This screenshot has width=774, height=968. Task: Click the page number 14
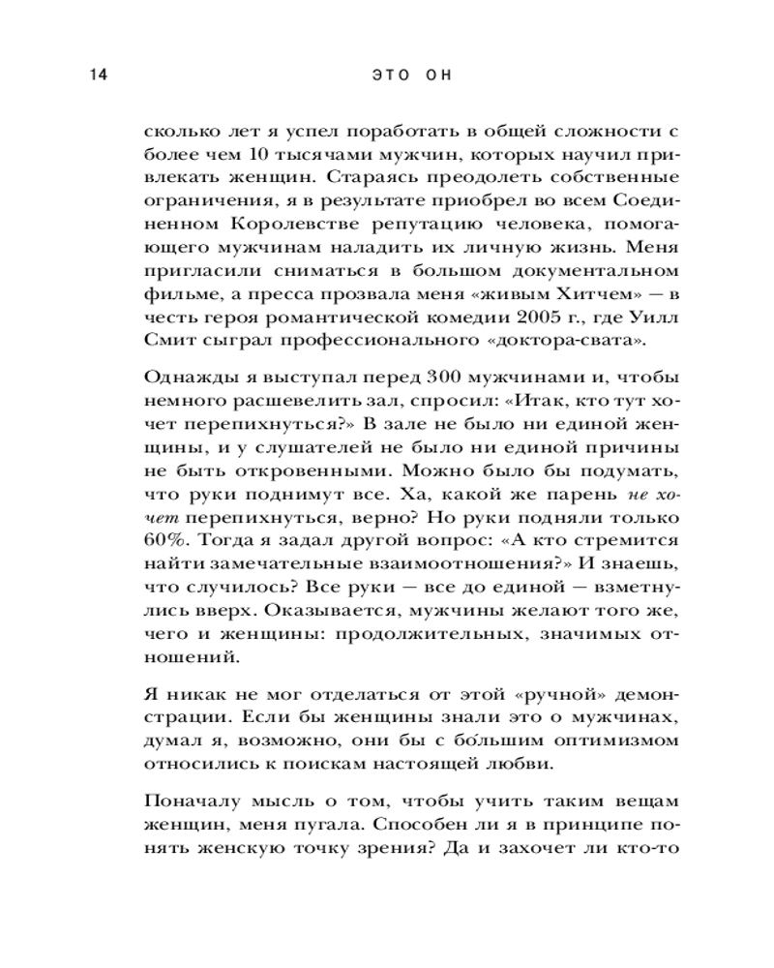tap(95, 76)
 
